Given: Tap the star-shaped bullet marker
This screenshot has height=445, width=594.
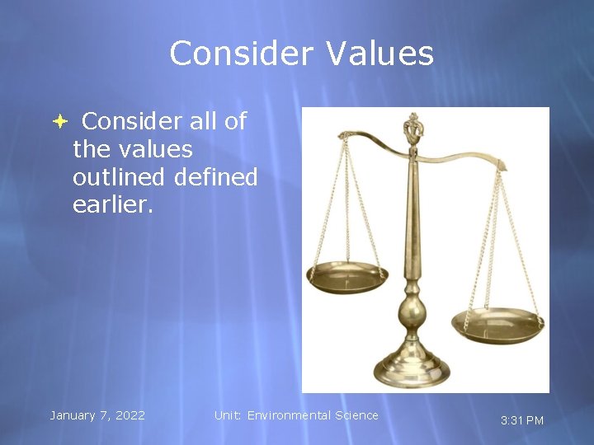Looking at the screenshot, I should click(60, 121).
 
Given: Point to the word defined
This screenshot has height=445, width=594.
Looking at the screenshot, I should click(215, 177).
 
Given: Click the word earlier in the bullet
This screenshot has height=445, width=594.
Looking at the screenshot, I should click(112, 205).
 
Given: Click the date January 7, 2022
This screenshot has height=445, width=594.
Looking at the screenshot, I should click(97, 415).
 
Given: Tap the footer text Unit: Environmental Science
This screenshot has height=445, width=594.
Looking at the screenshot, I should click(296, 415).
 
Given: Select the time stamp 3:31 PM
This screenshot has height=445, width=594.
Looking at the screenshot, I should click(522, 420).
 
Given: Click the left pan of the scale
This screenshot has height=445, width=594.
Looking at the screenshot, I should click(346, 276).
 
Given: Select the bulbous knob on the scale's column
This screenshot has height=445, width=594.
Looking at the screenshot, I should click(411, 314).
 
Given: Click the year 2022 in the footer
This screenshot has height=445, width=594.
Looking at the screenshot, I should click(129, 415).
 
